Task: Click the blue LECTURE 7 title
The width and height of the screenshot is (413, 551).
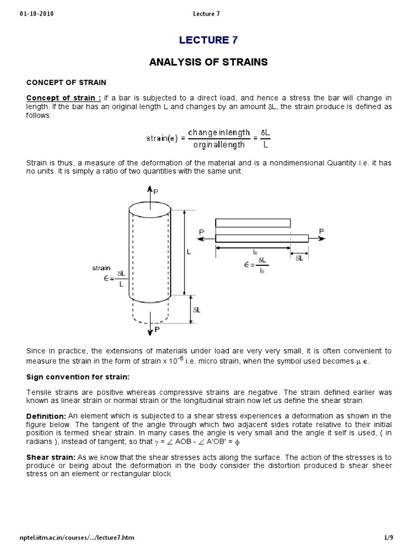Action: click(x=208, y=40)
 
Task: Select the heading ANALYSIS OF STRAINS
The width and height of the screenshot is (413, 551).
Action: click(x=208, y=62)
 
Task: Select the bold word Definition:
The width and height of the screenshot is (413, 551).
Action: click(x=46, y=417)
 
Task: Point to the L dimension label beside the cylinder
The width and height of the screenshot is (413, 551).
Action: click(x=188, y=251)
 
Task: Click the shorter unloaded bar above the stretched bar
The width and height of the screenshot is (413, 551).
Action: click(x=253, y=223)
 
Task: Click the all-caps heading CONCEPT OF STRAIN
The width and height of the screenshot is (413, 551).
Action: click(x=67, y=82)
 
